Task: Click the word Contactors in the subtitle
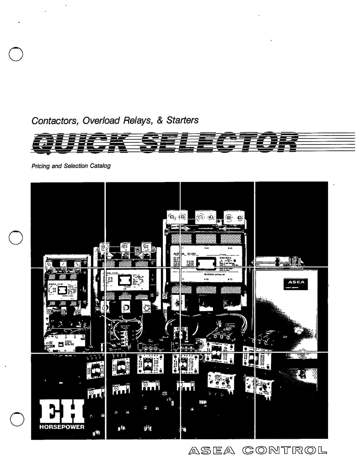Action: [x=51, y=121]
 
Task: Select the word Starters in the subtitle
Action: [x=180, y=121]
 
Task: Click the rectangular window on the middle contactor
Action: [x=123, y=281]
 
